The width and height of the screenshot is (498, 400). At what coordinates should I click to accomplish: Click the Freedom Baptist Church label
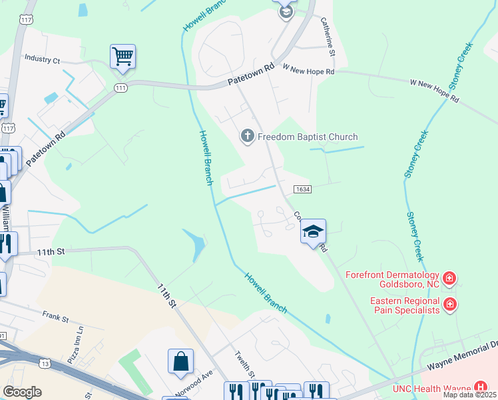[x=308, y=137]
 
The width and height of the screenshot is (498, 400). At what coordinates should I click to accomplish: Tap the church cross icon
[x=247, y=137]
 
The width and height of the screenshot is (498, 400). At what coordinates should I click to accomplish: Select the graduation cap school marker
[x=313, y=232]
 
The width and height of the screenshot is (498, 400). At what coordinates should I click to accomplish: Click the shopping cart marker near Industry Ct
[x=123, y=57]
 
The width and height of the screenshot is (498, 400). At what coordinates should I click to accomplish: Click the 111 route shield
[x=121, y=88]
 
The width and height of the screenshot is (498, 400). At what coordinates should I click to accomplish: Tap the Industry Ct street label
[x=42, y=59]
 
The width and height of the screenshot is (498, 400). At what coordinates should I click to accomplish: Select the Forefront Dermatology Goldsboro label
[x=392, y=281]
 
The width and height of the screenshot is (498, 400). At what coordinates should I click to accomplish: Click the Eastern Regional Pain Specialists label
[x=405, y=305]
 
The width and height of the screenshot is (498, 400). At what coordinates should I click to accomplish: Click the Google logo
[x=22, y=392]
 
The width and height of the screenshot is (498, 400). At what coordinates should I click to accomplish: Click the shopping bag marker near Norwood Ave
[x=180, y=362]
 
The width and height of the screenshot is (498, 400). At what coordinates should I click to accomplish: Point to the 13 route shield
[x=45, y=363]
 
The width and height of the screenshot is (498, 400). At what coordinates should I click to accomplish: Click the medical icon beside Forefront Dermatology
[x=450, y=277]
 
